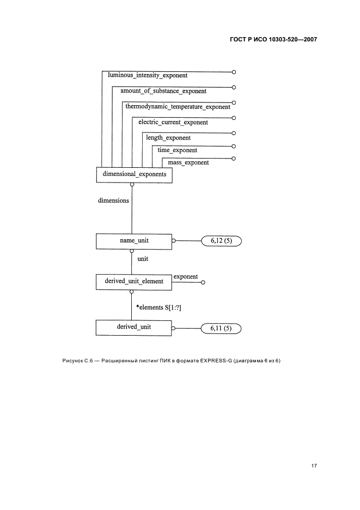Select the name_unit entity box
pos(134,240)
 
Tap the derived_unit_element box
pos(133,282)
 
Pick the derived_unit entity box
pos(133,327)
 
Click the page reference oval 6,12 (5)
pos(221,240)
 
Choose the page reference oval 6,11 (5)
pos(221,329)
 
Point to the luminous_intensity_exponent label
pos(148,76)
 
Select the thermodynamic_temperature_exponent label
pos(178,107)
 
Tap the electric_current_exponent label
pos(173,123)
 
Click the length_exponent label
pos(168,138)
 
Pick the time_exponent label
pos(177,150)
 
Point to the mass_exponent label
pos(188,162)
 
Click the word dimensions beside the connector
pos(113,201)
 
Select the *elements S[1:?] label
pos(158,307)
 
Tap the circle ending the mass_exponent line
pos(234,159)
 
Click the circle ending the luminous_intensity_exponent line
pos(234,72)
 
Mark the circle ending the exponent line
pos(203,282)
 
